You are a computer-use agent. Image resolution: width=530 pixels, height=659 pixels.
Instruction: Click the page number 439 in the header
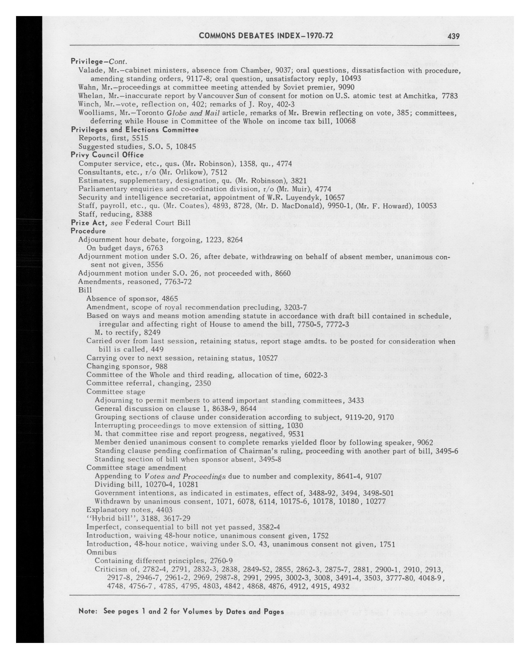(453, 36)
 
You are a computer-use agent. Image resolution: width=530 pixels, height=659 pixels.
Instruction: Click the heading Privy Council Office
(107, 155)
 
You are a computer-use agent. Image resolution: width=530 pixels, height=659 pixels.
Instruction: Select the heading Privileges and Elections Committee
(135, 130)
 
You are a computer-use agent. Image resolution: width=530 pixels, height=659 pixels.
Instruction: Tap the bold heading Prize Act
(89, 223)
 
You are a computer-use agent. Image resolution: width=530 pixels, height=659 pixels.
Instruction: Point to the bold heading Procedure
(88, 231)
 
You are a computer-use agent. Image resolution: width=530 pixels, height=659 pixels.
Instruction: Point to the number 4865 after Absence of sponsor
(170, 298)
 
